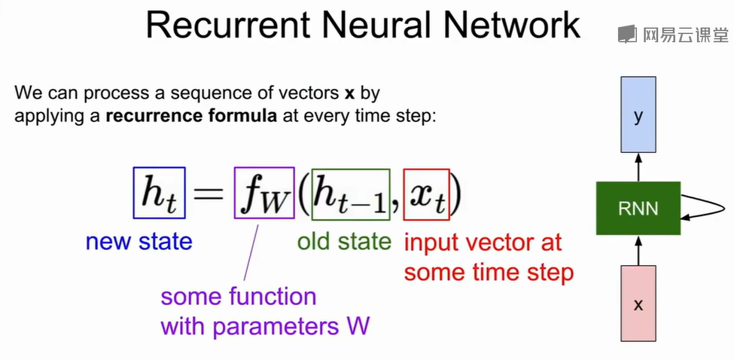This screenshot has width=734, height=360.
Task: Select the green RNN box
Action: click(638, 208)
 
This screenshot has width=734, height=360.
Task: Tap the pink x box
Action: click(638, 304)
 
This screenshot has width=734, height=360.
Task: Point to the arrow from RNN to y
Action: click(638, 168)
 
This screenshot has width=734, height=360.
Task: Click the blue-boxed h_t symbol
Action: click(159, 193)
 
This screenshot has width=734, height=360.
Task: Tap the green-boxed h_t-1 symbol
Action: click(350, 194)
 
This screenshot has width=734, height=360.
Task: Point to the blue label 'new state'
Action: click(139, 242)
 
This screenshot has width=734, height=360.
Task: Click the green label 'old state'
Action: click(344, 242)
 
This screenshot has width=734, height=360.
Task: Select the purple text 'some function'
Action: click(238, 296)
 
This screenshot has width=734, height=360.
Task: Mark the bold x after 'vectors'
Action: click(350, 95)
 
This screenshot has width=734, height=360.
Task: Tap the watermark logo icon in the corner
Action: click(626, 34)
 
